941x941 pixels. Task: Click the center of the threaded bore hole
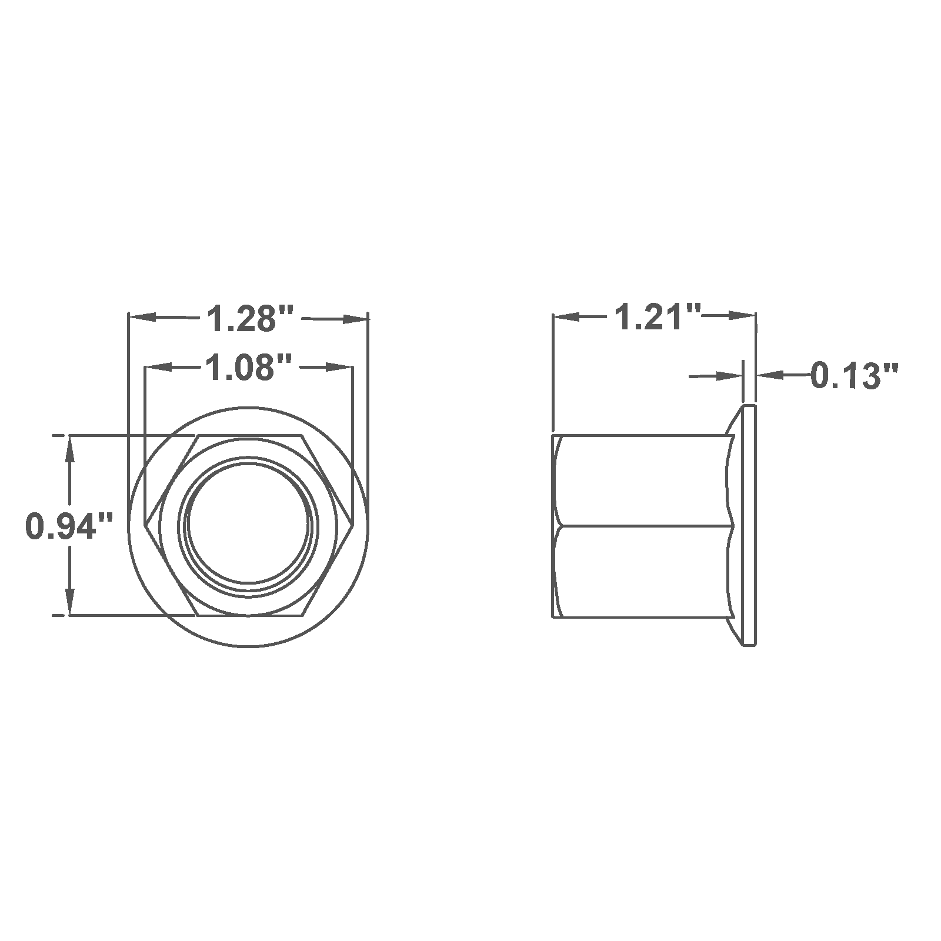coord(248,524)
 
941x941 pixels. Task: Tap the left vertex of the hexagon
coord(145,524)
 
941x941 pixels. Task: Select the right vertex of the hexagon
coord(353,524)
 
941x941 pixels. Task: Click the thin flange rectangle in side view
coord(750,525)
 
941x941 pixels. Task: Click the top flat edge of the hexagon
coord(248,436)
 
